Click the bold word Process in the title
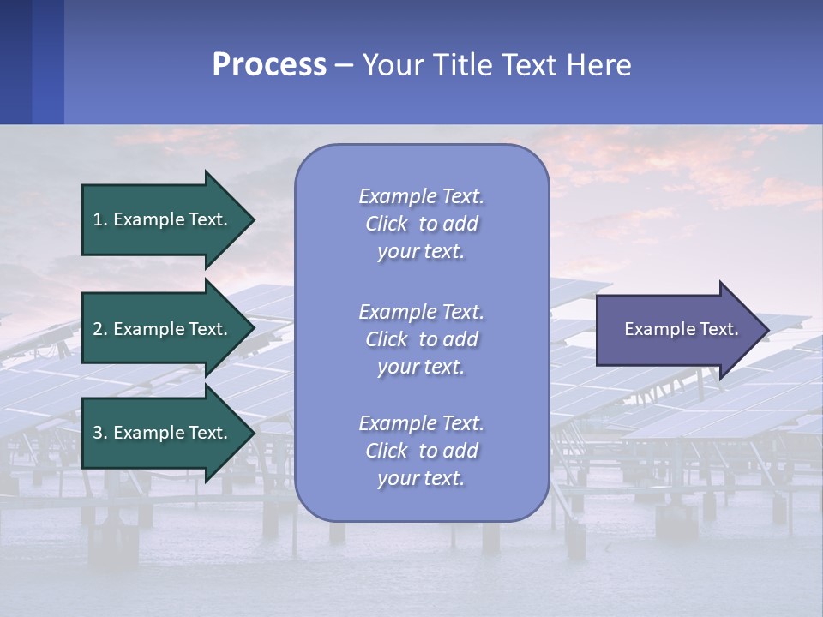point(269,65)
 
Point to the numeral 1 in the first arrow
point(98,219)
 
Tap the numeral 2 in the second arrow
point(98,329)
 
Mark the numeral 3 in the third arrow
point(98,433)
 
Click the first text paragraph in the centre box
point(421,224)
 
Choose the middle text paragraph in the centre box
point(421,339)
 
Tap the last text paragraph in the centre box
point(421,451)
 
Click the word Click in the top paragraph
point(387,224)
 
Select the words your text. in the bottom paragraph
point(421,478)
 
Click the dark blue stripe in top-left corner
point(15,62)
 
